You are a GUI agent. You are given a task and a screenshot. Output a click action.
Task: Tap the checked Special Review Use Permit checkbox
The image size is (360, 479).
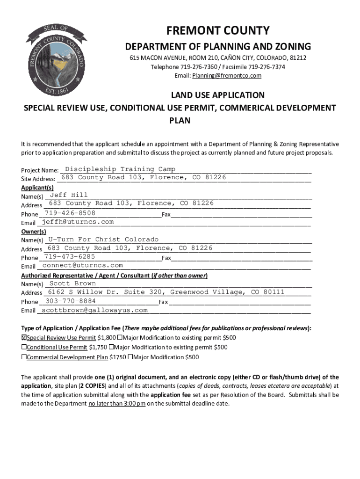tap(24, 338)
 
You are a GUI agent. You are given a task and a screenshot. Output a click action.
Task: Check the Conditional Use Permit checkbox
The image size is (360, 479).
tap(24, 348)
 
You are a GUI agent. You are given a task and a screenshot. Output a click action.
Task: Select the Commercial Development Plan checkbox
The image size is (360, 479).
tap(24, 357)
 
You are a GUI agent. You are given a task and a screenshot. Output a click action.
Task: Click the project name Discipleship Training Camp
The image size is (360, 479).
tap(120, 169)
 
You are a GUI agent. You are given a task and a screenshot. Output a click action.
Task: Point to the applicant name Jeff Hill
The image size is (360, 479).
tap(69, 195)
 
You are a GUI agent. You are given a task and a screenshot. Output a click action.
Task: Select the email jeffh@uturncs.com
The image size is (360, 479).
tap(78, 222)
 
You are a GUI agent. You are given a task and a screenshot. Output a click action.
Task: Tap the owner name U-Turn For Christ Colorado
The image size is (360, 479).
tap(103, 239)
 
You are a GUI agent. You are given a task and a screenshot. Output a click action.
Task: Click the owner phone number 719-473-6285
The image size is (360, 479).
tap(70, 256)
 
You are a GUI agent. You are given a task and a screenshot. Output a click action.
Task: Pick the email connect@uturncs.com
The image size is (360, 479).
tap(82, 265)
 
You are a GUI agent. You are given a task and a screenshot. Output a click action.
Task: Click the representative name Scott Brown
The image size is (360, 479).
tap(72, 283)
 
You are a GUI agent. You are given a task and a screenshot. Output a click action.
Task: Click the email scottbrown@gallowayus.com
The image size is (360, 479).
tap(94, 310)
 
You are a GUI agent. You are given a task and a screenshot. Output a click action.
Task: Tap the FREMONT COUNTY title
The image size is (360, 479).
tap(218, 31)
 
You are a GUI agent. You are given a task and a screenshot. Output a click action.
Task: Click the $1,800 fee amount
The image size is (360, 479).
tap(107, 338)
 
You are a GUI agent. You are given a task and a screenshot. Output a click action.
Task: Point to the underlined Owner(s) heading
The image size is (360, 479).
tap(34, 231)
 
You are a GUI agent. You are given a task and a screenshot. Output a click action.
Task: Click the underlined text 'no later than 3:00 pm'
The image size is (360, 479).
tap(117, 404)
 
